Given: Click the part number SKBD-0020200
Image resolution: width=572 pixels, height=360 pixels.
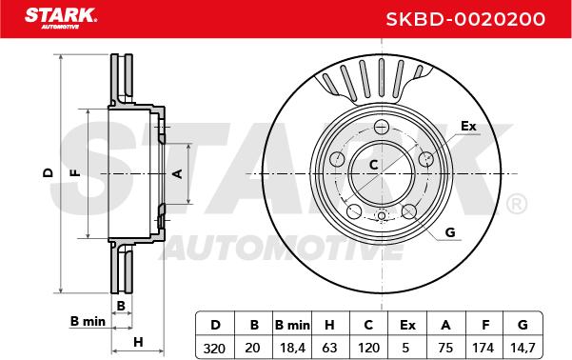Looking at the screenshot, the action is (465, 19).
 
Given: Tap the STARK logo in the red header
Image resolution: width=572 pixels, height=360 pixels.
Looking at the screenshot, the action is (61, 18).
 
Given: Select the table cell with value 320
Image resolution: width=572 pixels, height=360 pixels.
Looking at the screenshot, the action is (214, 349).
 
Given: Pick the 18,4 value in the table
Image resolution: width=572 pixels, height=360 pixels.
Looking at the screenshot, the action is (292, 348).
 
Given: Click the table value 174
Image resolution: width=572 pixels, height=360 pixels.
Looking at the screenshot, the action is (483, 348).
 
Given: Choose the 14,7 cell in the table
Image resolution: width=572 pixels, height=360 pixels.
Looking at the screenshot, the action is (523, 348).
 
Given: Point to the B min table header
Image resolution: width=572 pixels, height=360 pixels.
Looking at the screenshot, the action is (292, 325).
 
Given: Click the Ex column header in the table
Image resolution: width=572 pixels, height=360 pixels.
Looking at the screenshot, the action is (407, 325).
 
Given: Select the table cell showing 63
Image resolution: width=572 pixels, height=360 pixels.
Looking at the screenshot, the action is (329, 348).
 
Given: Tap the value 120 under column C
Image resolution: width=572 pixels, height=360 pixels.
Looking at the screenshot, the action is (369, 348).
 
